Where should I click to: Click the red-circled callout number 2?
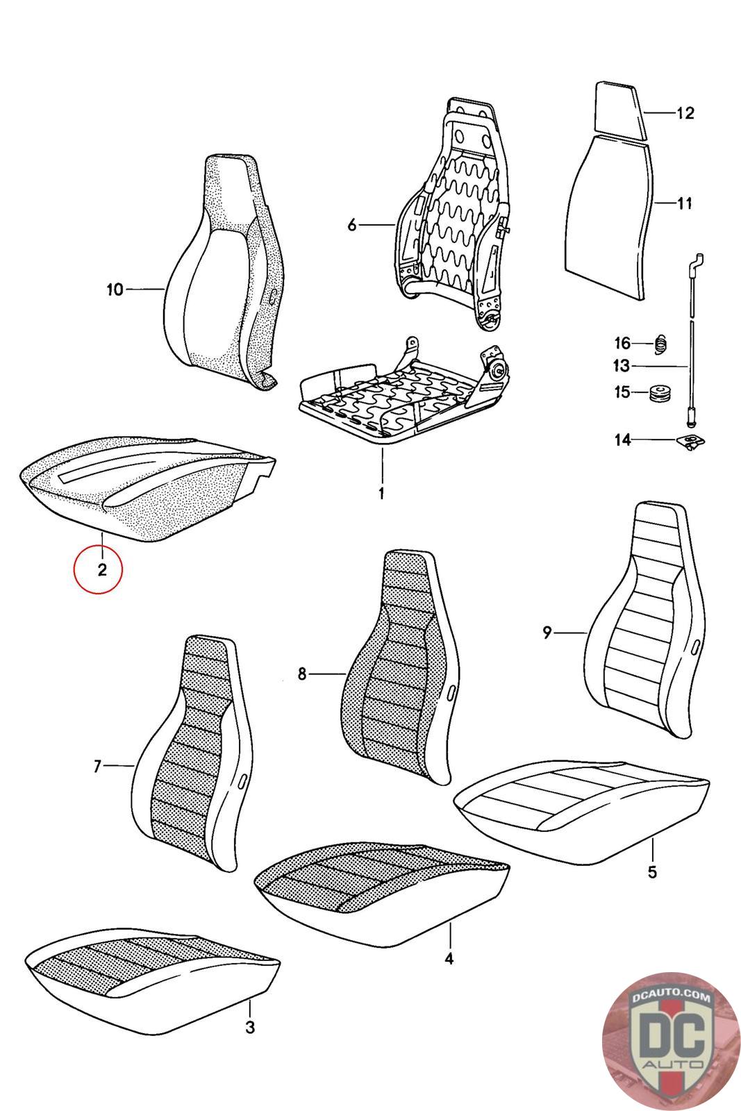pyautogui.click(x=102, y=570)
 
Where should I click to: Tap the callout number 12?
pyautogui.click(x=685, y=113)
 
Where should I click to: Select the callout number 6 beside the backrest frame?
pyautogui.click(x=351, y=225)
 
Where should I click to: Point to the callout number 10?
pyautogui.click(x=115, y=289)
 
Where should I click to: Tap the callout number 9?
pyautogui.click(x=547, y=633)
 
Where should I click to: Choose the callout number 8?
pyautogui.click(x=302, y=674)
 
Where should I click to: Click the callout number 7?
pyautogui.click(x=98, y=767)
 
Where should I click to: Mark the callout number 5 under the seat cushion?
pyautogui.click(x=652, y=871)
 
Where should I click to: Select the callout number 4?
pyautogui.click(x=449, y=958)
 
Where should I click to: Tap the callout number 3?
pyautogui.click(x=251, y=1027)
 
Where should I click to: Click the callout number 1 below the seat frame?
pyautogui.click(x=381, y=494)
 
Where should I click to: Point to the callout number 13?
pyautogui.click(x=621, y=366)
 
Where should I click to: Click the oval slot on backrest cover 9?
pyautogui.click(x=695, y=648)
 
